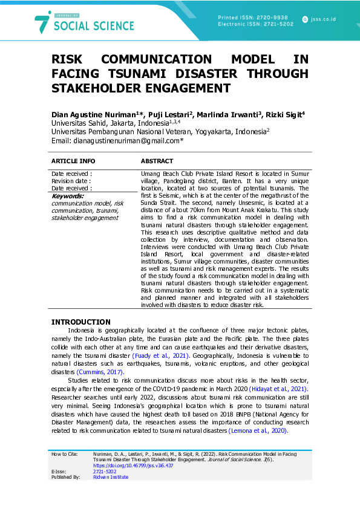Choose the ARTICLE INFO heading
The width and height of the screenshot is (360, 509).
(x=73, y=161)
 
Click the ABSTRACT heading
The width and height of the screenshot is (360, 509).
(x=157, y=161)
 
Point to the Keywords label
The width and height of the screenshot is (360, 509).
(x=68, y=196)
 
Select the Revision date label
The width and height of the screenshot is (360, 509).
(x=71, y=181)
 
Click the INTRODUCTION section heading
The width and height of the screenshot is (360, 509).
(x=80, y=322)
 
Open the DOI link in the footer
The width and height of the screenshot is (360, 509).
(x=133, y=465)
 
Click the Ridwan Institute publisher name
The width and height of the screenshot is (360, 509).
(x=111, y=477)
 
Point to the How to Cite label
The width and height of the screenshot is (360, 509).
(x=64, y=453)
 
